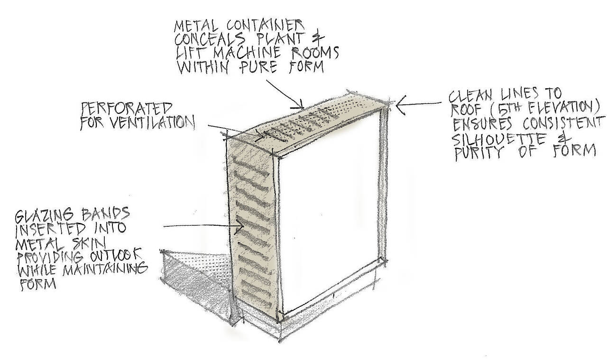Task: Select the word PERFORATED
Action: [x=126, y=109]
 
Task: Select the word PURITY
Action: [x=484, y=153]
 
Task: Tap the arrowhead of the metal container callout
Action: [x=300, y=106]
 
